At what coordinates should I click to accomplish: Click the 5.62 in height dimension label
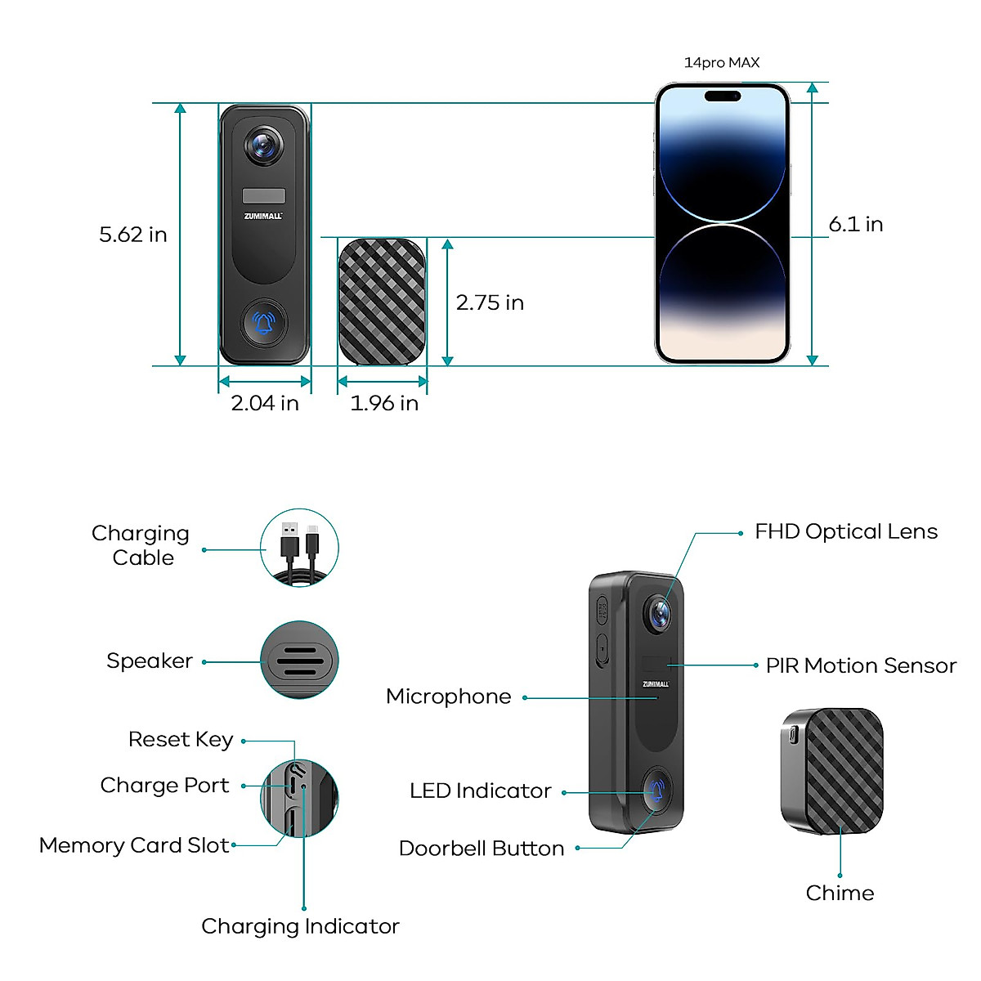click(133, 235)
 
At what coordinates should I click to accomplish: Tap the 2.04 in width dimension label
click(265, 403)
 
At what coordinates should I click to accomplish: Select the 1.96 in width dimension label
click(384, 403)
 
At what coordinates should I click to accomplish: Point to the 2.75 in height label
click(490, 302)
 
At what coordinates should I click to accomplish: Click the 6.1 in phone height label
click(856, 224)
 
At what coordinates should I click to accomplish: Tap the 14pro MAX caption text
click(722, 63)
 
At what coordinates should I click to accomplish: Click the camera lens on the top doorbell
click(263, 146)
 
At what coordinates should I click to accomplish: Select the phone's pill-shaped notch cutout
click(723, 96)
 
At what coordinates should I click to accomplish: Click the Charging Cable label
click(141, 545)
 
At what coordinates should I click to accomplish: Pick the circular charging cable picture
click(299, 548)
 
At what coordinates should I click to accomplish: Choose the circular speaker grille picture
click(299, 660)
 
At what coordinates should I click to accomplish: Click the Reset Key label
click(181, 740)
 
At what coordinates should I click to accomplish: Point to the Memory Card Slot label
click(134, 845)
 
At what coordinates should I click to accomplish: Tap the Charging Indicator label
click(300, 926)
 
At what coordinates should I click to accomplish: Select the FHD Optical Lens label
click(846, 532)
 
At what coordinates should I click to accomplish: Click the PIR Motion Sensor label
click(861, 666)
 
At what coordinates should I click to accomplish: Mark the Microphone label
click(449, 697)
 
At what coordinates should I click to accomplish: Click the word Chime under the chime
click(840, 893)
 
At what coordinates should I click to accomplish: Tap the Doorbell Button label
click(482, 849)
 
